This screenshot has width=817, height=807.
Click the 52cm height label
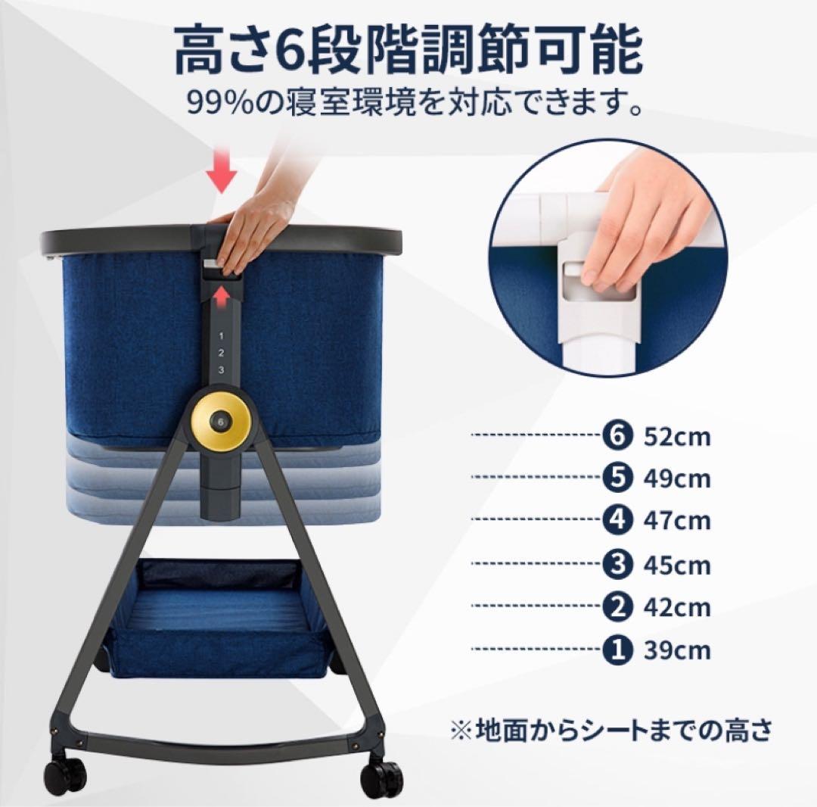click(677, 437)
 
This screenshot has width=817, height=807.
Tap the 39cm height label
click(677, 650)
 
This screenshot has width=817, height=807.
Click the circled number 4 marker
click(617, 520)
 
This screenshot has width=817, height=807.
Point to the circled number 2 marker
click(617, 606)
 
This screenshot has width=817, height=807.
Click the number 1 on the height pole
click(221, 335)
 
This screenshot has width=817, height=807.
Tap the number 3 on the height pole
click(222, 370)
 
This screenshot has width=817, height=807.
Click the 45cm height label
click(677, 565)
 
